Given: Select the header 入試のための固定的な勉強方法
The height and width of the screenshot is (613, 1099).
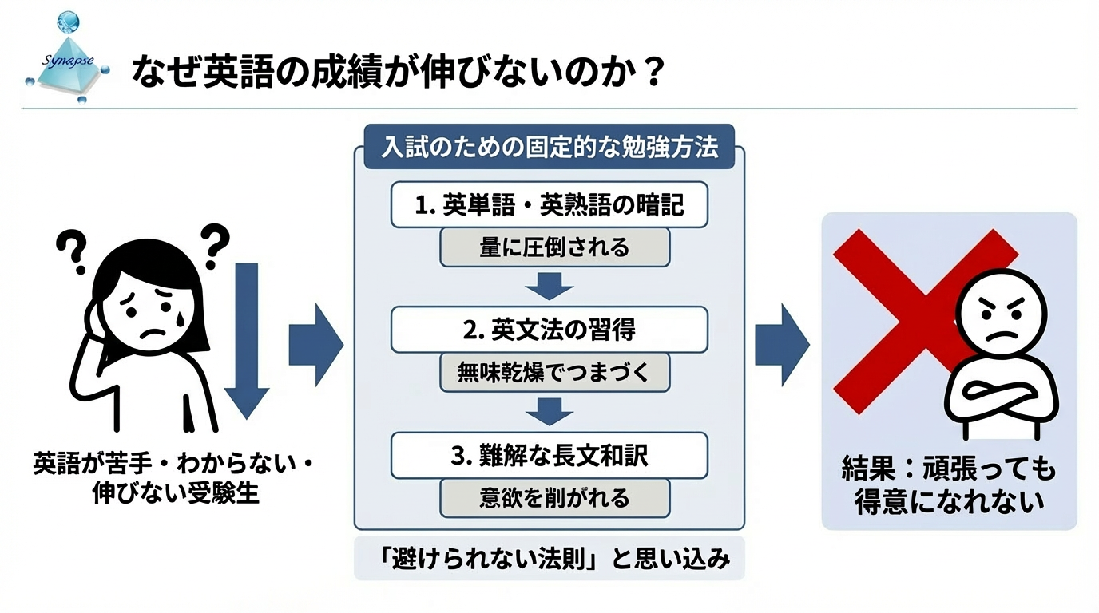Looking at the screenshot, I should pyautogui.click(x=549, y=148).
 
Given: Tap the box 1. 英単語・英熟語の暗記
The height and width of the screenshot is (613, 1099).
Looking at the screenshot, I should pyautogui.click(x=549, y=205).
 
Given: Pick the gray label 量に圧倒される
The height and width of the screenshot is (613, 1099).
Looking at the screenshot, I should pyautogui.click(x=554, y=247).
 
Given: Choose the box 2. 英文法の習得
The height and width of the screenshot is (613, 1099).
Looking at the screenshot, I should pyautogui.click(x=549, y=329).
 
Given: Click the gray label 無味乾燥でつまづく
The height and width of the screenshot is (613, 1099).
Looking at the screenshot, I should pyautogui.click(x=554, y=371).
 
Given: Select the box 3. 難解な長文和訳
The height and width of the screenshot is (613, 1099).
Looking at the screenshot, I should pyautogui.click(x=549, y=455).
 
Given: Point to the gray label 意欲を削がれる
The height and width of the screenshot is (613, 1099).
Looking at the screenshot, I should pyautogui.click(x=554, y=497).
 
